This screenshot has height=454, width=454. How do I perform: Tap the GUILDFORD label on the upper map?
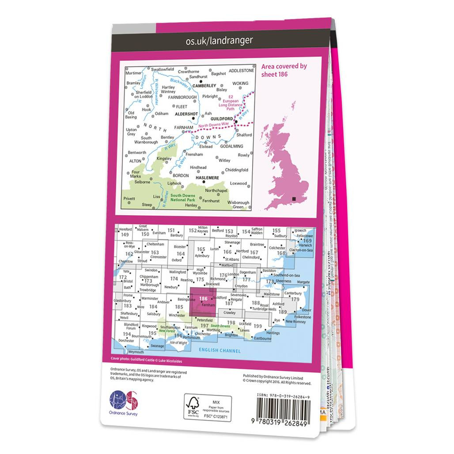[x=221, y=119]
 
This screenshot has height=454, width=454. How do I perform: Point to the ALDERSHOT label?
[x=187, y=113]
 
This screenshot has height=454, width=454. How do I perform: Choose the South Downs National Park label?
[x=183, y=198]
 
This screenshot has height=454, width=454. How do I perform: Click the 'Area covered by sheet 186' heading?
[x=284, y=70]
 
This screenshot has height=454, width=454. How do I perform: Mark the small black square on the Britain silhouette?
[x=293, y=199]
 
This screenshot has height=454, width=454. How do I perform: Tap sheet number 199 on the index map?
[x=258, y=326]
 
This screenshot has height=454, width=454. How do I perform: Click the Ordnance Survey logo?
[x=124, y=402]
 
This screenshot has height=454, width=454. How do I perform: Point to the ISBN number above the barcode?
[x=283, y=397]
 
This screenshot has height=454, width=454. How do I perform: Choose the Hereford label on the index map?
[x=125, y=229]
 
